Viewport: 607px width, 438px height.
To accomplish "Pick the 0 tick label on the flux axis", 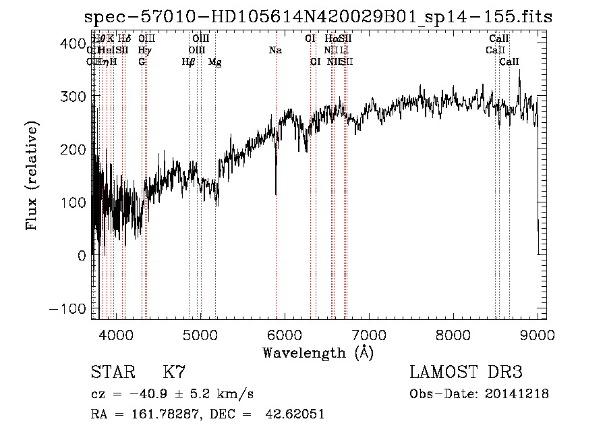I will click(82, 256).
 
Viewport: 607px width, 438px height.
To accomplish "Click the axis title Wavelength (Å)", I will click(318, 352).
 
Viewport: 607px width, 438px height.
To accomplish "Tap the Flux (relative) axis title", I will click(32, 175).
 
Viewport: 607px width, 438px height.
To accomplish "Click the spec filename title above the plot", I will click(317, 17).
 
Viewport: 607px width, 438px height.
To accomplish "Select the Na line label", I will click(275, 50).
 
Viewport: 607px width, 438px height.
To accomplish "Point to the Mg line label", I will click(215, 62).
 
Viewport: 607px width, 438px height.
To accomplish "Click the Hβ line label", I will click(189, 61).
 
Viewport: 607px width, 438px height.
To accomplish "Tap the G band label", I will click(142, 61).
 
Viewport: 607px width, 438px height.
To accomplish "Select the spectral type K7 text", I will click(174, 373).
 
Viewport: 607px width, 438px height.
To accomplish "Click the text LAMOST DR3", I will click(466, 373).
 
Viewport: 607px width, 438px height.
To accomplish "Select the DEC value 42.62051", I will click(296, 414).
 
